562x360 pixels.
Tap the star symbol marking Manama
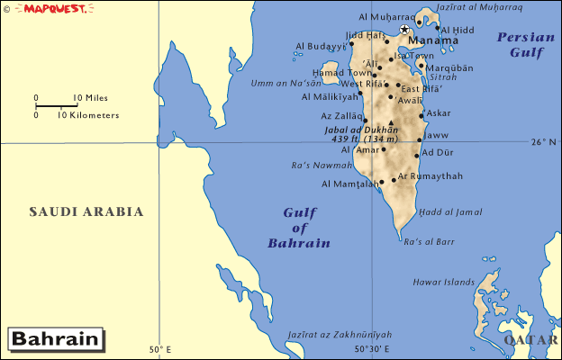tap(403, 30)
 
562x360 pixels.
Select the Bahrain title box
tap(55, 339)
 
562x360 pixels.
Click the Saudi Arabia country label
tap(86, 212)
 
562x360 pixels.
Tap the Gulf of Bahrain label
tap(299, 228)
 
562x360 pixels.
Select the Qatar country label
tap(531, 340)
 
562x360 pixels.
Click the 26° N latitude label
tap(544, 141)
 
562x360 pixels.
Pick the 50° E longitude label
tap(160, 349)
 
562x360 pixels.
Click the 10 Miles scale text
tap(90, 97)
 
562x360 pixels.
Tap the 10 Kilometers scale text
tap(88, 115)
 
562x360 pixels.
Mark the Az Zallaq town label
tap(340, 116)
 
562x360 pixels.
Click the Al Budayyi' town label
tap(321, 46)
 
